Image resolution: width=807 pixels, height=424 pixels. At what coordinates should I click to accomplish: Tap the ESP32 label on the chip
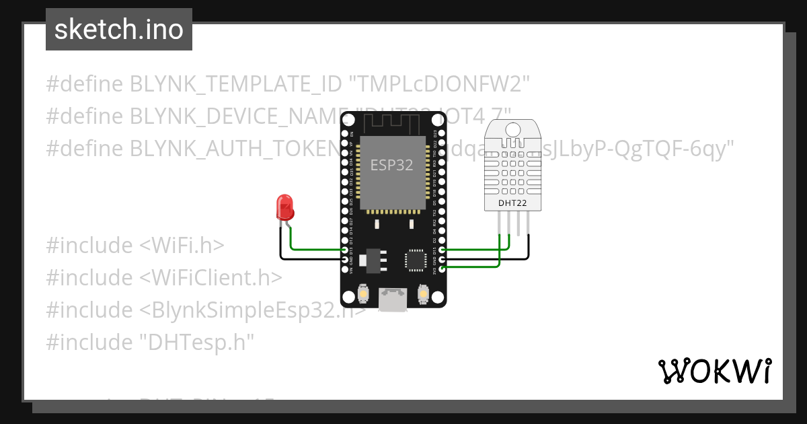point(392,165)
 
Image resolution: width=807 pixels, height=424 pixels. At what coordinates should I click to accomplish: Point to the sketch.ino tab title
point(119,30)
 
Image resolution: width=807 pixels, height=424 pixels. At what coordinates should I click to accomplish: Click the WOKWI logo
point(714,371)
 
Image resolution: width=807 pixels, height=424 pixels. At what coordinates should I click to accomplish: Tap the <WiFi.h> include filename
point(182,246)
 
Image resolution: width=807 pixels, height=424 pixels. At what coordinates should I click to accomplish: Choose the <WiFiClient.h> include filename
point(210,278)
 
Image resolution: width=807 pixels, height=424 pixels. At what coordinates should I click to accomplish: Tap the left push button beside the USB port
point(363,294)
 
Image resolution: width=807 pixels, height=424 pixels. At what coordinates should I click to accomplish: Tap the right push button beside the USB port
point(424,294)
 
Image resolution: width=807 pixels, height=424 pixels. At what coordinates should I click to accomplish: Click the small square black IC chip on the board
point(414,260)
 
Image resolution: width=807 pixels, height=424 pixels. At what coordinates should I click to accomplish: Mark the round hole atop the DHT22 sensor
point(514,129)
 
